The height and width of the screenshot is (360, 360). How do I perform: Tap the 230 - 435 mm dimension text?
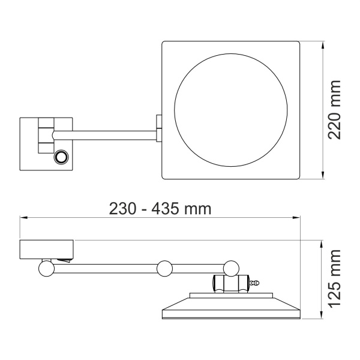click(x=160, y=209)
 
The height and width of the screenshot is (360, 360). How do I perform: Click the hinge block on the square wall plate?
click(x=46, y=137)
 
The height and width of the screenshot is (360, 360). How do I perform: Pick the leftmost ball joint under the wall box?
click(x=46, y=268)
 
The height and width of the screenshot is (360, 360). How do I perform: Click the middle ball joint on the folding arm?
click(x=164, y=268)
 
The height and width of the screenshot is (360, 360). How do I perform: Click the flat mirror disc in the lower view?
click(x=231, y=307)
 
